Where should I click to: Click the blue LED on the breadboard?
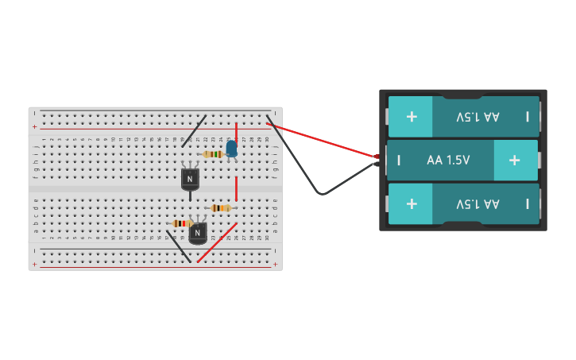[231, 148]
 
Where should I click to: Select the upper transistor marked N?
[190, 179]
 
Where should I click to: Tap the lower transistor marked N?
[197, 233]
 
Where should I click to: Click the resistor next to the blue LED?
[212, 154]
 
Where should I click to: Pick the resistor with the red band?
[181, 223]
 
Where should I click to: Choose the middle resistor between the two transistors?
[220, 207]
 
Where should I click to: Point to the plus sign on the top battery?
[411, 117]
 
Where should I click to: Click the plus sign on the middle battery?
[514, 160]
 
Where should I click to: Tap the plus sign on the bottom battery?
[411, 203]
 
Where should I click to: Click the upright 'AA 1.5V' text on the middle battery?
[448, 160]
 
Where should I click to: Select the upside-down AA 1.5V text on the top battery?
[477, 117]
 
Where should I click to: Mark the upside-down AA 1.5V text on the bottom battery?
[477, 203]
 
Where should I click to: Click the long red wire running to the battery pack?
[326, 141]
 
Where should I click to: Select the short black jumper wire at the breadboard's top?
[195, 131]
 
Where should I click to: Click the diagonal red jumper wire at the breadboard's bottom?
[216, 243]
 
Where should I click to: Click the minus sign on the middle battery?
[399, 161]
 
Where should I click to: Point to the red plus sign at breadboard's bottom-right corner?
[275, 264]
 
